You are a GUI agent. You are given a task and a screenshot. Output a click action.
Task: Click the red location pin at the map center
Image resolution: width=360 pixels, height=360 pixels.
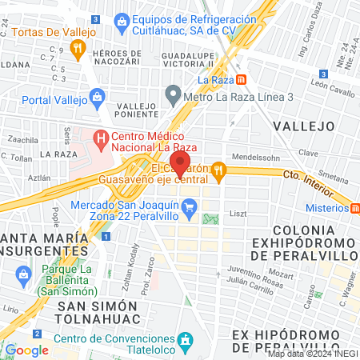(181, 166)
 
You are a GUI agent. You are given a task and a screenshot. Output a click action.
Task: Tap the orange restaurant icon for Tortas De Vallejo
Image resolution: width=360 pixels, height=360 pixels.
(78, 49)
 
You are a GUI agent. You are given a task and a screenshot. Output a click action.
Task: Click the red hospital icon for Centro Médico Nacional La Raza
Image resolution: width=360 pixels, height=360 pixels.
(101, 138)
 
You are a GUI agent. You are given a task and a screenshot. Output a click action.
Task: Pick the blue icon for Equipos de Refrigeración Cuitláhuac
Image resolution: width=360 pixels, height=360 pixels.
(122, 19)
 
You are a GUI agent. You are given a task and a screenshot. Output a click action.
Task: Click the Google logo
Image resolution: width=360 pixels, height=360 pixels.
(26, 350)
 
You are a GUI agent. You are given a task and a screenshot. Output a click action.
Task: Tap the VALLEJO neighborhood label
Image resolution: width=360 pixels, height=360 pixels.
(303, 126)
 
